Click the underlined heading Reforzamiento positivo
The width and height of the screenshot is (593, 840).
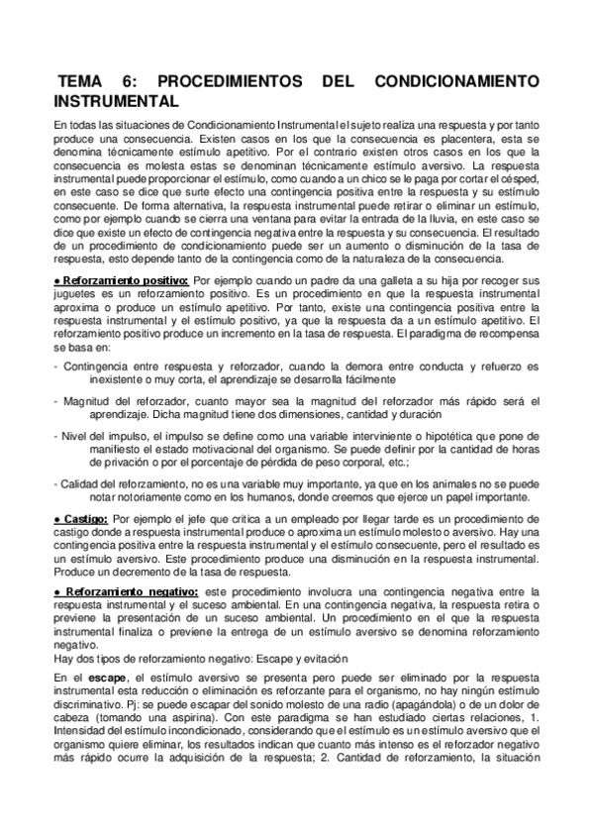[123, 281]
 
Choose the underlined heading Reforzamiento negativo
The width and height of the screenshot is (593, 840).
[126, 592]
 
